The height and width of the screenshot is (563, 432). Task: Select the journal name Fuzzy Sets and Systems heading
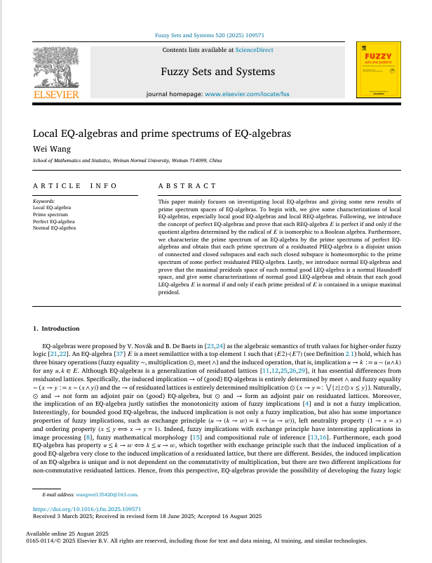[x=218, y=72]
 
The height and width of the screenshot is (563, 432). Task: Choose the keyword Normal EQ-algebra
[x=54, y=227]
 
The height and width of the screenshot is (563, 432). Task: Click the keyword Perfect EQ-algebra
[x=54, y=221]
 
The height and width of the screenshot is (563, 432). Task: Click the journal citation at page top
[x=218, y=35]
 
